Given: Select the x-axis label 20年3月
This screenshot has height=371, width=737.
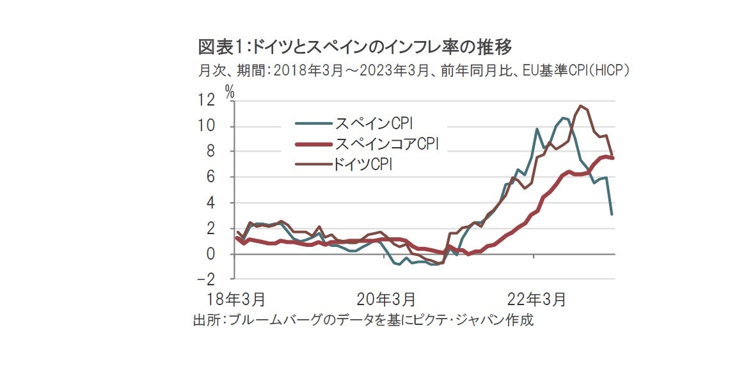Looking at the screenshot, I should coord(386,298).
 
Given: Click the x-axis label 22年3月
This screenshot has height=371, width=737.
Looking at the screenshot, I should coord(537,298).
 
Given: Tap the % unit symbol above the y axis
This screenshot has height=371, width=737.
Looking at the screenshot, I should coord(230,91).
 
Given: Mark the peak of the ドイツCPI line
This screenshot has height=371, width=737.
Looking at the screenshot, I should coord(581,106).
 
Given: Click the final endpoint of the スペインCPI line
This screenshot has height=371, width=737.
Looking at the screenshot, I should coord(612,214).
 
